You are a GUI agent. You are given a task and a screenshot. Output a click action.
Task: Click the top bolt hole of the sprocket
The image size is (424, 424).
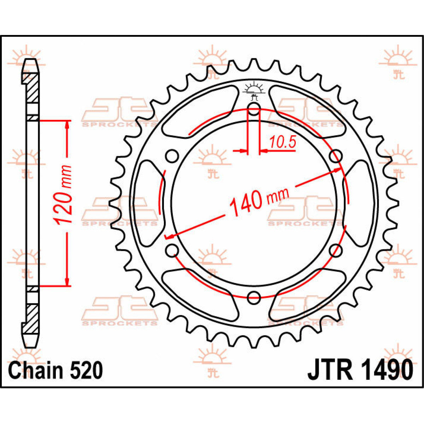(x=254, y=109)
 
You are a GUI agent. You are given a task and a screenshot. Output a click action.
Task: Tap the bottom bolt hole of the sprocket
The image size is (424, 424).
(x=254, y=297)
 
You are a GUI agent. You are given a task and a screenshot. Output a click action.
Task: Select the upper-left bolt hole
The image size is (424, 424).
(x=172, y=155)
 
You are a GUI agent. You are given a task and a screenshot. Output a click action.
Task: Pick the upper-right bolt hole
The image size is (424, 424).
(x=335, y=156)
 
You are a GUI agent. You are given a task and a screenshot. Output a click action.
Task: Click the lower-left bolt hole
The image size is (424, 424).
(x=172, y=250)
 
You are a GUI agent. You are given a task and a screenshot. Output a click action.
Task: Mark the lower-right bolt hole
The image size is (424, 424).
(x=335, y=251)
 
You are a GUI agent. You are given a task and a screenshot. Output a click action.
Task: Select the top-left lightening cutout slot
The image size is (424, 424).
(x=198, y=110)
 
